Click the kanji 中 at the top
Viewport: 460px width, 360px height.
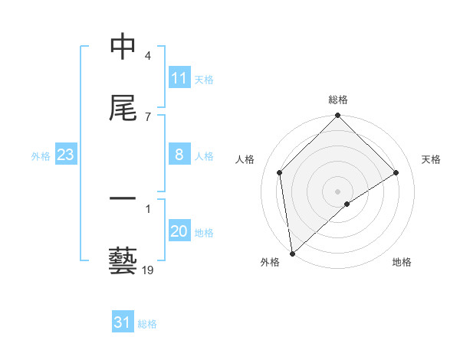pos(123,47)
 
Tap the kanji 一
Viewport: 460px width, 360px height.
pos(123,201)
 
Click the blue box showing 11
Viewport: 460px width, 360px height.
pos(179,78)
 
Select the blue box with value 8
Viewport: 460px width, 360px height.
pos(179,155)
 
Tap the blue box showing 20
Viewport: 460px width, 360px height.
pos(179,232)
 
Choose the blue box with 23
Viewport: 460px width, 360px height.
pos(66,155)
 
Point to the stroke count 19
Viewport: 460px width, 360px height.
pos(148,270)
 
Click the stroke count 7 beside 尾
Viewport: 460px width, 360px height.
pos(148,116)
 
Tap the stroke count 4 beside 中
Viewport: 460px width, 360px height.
pos(148,57)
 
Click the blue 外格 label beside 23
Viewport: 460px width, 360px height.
pos(41,156)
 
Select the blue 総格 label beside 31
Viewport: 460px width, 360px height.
pos(147,324)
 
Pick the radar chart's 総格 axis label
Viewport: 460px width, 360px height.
pos(338,100)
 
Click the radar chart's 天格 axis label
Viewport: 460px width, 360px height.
pos(432,159)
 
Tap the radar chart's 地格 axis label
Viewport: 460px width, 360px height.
pos(402,262)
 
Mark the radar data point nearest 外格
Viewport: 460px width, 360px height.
pos(291,254)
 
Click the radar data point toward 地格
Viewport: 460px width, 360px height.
pos(347,204)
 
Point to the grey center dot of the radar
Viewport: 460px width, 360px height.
pos(337,191)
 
